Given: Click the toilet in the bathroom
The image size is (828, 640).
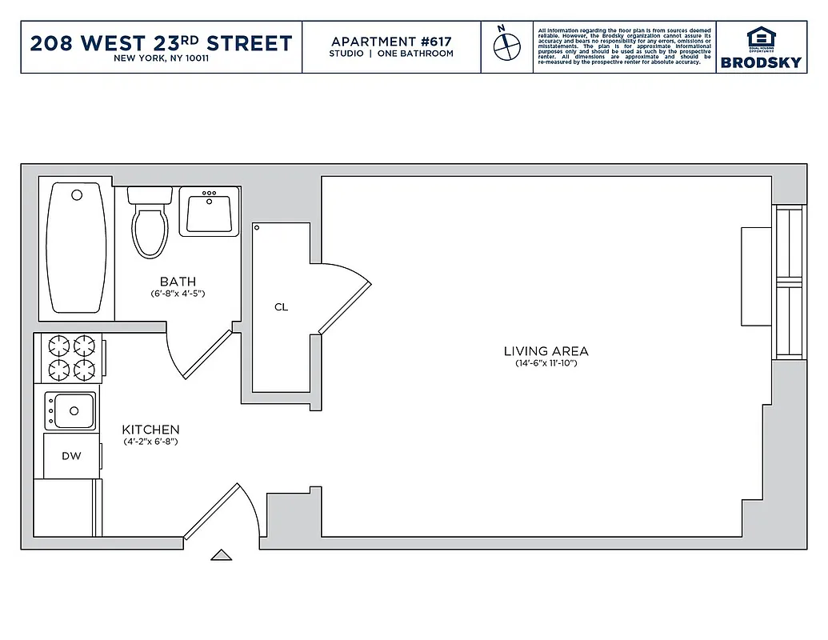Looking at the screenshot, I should click(x=150, y=226).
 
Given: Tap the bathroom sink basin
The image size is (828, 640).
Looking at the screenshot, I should click(x=209, y=213).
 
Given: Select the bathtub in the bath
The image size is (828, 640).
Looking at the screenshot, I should click(x=77, y=249).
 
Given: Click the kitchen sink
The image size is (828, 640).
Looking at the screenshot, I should click(x=70, y=410).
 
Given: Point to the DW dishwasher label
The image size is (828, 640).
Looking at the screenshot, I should click(x=70, y=456).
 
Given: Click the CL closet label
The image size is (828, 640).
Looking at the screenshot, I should click(x=281, y=307).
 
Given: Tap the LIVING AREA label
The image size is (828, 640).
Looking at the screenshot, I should click(x=546, y=351).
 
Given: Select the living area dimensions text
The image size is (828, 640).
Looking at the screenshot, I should click(x=546, y=364).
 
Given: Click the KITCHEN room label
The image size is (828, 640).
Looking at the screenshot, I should click(x=150, y=430).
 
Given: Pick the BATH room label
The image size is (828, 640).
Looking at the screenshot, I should click(x=178, y=282).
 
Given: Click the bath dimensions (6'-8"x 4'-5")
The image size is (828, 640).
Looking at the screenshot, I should click(x=178, y=294).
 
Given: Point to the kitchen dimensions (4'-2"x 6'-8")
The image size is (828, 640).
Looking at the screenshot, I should click(x=150, y=442).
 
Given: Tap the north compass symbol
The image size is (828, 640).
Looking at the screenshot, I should click(x=503, y=47).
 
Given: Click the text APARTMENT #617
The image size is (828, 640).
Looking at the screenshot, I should click(x=391, y=41).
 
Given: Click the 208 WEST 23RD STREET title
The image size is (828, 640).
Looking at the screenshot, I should click(x=161, y=43).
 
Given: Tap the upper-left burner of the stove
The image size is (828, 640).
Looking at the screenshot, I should click(x=58, y=346).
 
